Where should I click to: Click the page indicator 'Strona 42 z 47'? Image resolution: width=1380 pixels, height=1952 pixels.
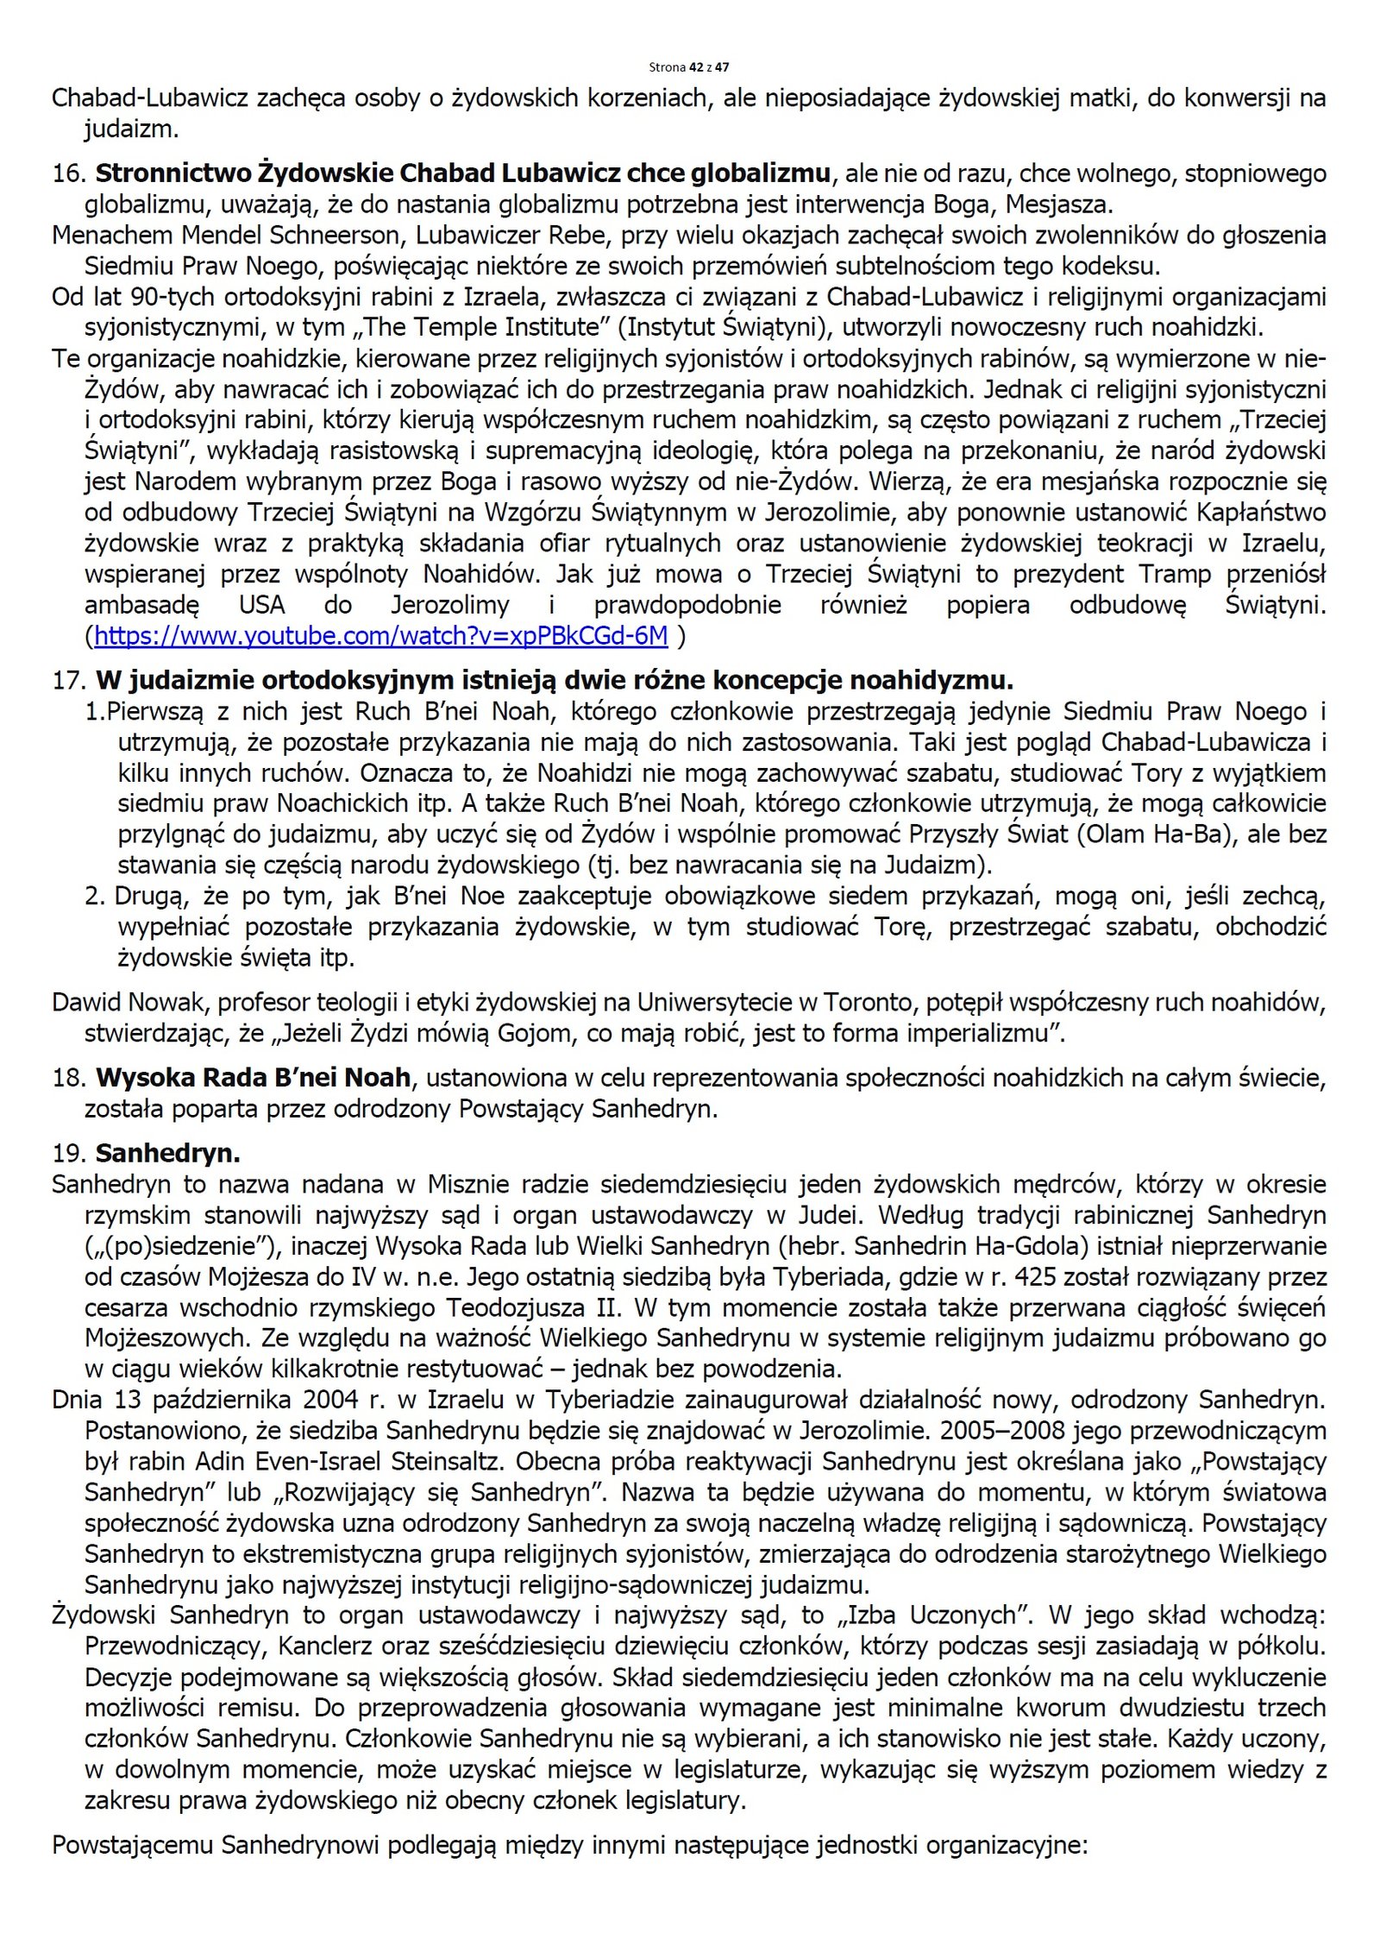(x=688, y=67)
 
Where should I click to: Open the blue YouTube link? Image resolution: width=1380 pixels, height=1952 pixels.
(x=380, y=636)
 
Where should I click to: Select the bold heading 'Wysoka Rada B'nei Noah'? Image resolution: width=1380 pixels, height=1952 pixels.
(x=253, y=1078)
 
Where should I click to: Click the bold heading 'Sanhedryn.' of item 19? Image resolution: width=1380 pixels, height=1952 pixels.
(x=167, y=1154)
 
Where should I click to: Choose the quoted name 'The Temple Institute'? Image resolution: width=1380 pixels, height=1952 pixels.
(x=505, y=328)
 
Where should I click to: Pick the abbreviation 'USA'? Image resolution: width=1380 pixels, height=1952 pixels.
(x=261, y=605)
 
